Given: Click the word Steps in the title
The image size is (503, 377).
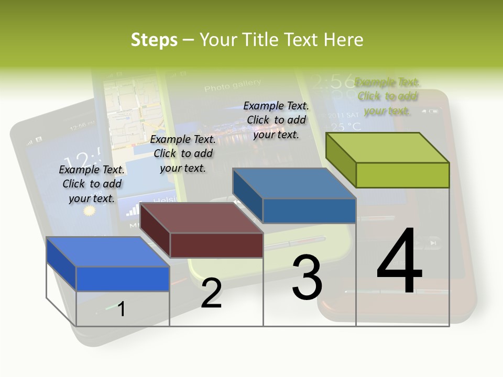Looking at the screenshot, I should tap(154, 40).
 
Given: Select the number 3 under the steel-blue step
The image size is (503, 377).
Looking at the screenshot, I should tap(307, 278).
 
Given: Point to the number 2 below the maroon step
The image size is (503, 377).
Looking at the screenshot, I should tap(211, 293).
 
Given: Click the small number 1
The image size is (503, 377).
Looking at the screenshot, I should tap(122, 309).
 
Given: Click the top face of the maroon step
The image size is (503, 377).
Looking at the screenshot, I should tap(202, 218).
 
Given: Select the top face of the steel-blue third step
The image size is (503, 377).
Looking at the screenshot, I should tap(294, 184).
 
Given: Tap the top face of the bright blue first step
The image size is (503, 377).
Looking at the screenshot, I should tap(108, 252).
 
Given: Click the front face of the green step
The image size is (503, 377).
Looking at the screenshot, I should tap(402, 175).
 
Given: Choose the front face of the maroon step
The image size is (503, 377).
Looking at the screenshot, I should tap(216, 245).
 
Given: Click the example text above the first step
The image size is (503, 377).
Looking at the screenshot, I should tap(92, 184).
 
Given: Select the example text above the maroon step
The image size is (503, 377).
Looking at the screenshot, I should tap(183, 153).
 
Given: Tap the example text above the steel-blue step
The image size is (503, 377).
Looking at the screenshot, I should tap(276, 120).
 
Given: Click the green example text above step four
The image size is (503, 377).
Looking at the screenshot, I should tap(387, 96).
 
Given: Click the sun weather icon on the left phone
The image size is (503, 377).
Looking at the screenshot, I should tap(90, 210).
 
